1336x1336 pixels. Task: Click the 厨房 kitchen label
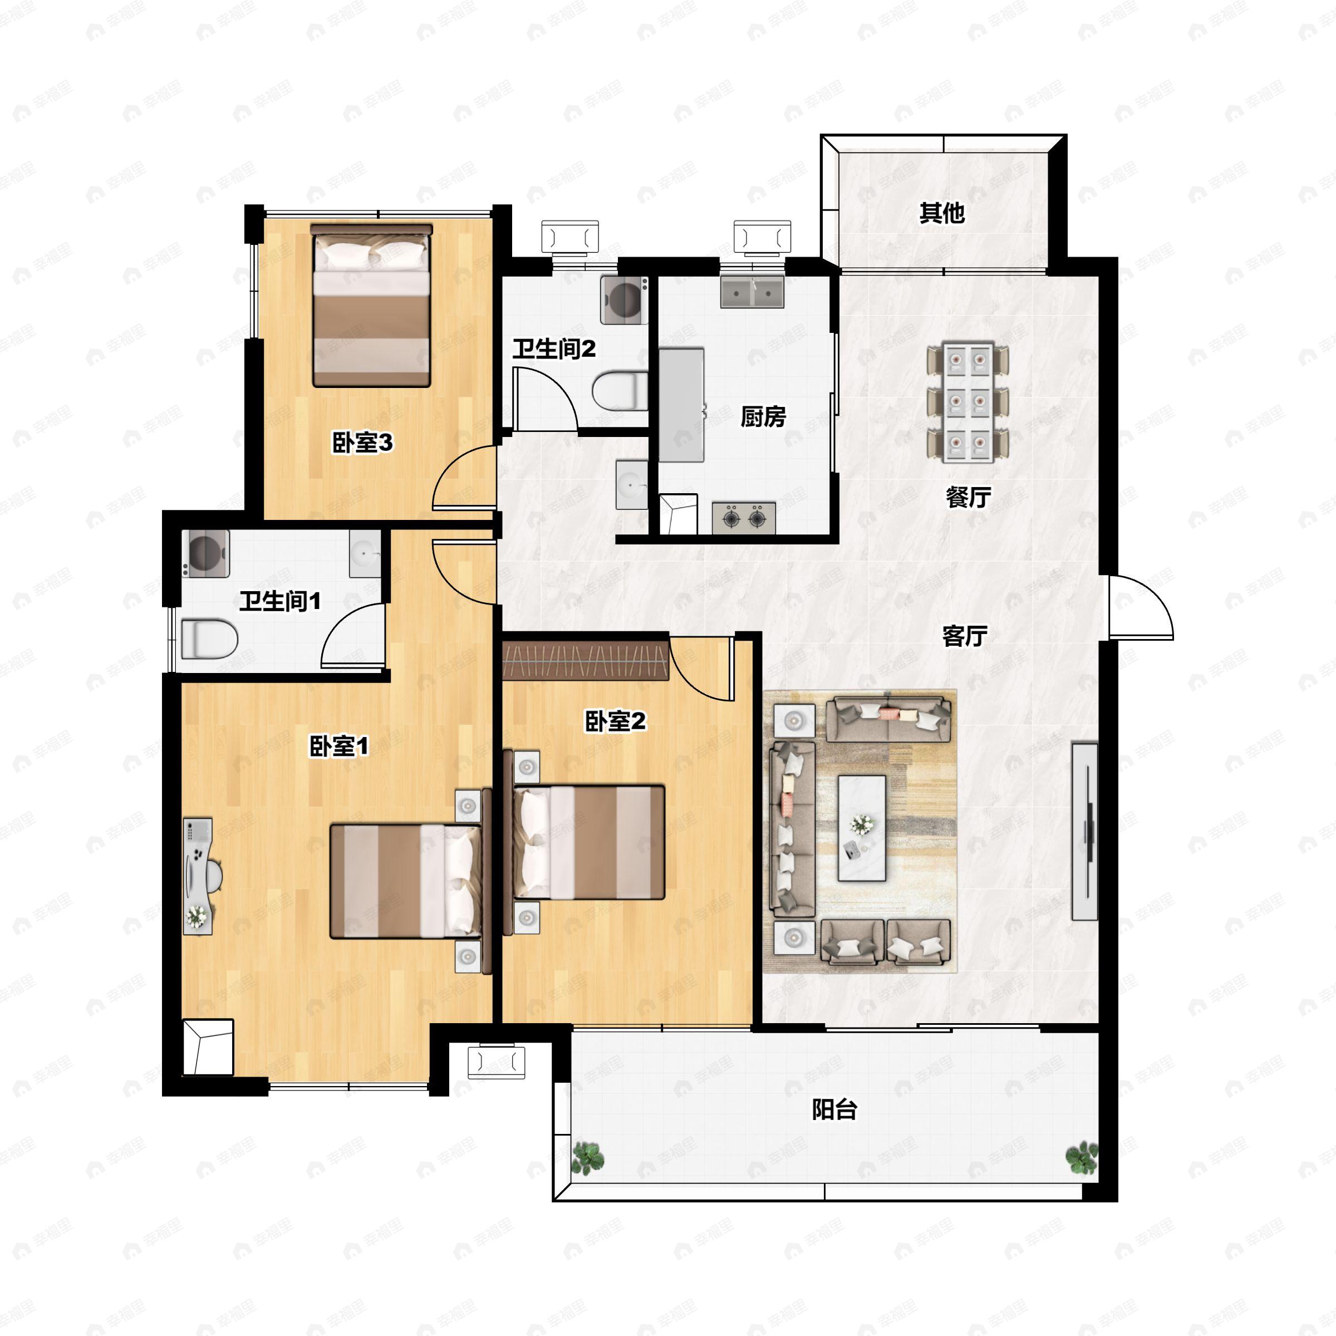point(763,417)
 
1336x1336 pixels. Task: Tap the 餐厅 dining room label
point(968,497)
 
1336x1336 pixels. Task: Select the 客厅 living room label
point(965,636)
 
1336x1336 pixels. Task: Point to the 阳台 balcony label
point(834,1109)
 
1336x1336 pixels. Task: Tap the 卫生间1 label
point(280,601)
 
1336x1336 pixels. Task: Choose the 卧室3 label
point(362,443)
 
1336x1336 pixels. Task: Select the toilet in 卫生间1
point(209,638)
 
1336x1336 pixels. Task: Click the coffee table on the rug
point(862,828)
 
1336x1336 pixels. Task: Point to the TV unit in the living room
point(1085,831)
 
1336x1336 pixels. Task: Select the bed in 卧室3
point(371,305)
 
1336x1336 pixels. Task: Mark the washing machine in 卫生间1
point(206,553)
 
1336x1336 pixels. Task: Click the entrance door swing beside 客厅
point(1141,606)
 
